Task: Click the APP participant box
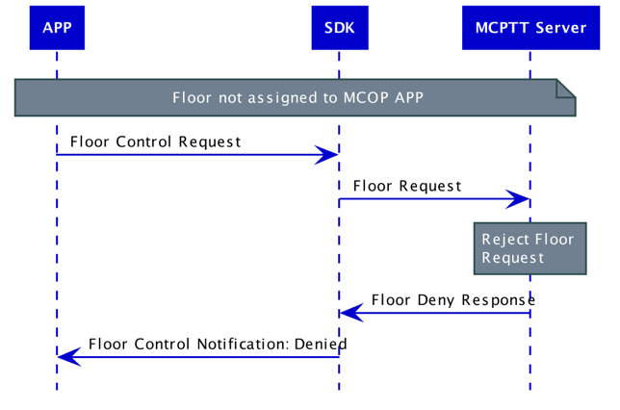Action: coord(57,28)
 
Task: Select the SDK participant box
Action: coord(339,28)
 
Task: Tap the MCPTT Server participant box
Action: coord(530,28)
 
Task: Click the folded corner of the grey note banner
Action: coord(566,89)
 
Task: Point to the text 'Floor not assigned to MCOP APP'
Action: coord(297,98)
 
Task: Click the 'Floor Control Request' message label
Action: coord(155,141)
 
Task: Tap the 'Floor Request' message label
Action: coord(406,186)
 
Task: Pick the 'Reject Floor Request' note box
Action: coord(530,248)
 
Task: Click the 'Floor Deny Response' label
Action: coord(452,299)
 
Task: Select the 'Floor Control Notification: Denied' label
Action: coord(218,344)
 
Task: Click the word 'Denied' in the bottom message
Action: coord(323,344)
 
